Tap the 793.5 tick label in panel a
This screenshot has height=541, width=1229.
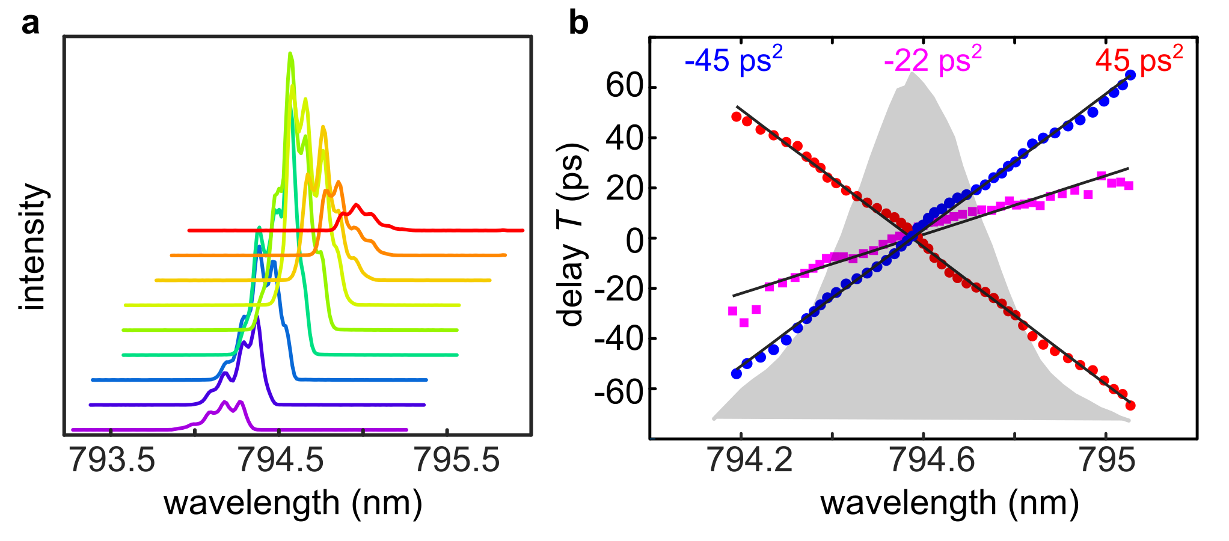[112, 460]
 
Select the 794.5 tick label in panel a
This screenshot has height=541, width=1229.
[281, 460]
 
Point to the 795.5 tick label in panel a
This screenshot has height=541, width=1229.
[457, 460]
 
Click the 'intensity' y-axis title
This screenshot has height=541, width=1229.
[34, 247]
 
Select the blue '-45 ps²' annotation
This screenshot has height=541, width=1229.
[733, 60]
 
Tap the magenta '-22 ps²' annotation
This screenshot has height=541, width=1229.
[933, 60]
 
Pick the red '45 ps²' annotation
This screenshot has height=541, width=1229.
[1139, 60]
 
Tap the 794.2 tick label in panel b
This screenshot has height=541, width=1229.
[750, 460]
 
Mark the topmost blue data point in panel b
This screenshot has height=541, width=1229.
[1130, 75]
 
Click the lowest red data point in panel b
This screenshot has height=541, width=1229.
[1130, 406]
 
